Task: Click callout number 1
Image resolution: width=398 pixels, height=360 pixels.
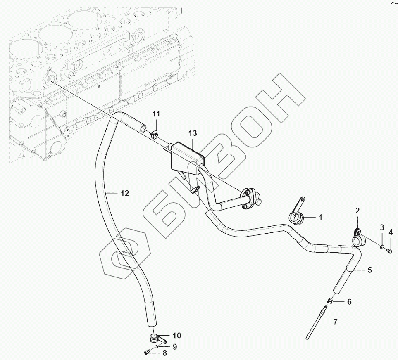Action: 320,216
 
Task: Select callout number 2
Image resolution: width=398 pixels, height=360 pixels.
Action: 358,211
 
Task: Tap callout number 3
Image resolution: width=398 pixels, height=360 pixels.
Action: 382,227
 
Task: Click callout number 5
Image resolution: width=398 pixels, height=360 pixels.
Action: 369,270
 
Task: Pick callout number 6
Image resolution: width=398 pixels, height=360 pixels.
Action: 349,302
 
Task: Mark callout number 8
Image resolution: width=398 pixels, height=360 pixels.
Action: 165,353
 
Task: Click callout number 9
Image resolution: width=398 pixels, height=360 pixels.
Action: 174,347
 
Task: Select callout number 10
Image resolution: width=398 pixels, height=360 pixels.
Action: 176,335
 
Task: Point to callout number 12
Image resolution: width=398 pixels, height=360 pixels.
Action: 125,193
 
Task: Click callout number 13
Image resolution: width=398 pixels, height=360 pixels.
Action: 193,133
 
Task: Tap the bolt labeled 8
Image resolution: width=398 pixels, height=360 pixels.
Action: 147,352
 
